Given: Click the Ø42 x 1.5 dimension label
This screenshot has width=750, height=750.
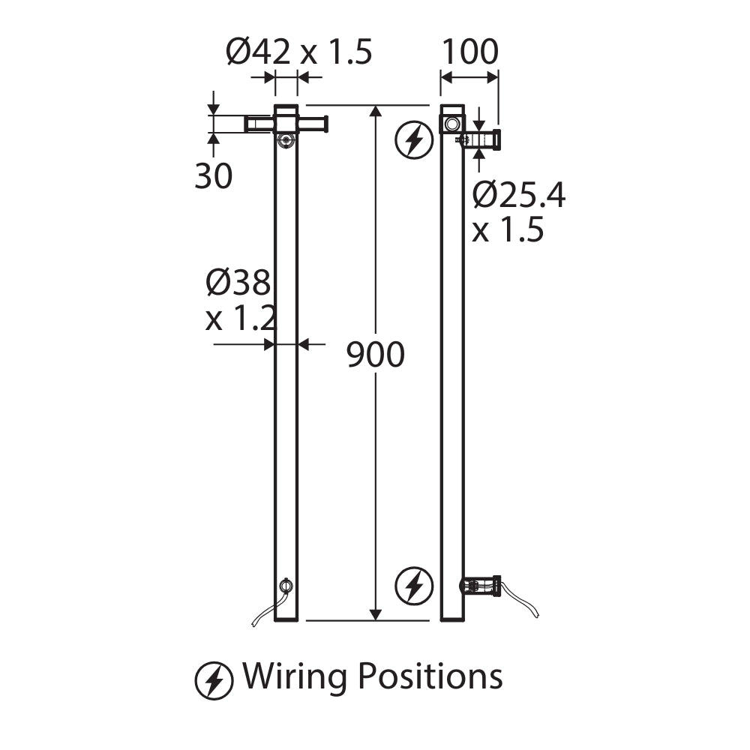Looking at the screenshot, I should point(298,52).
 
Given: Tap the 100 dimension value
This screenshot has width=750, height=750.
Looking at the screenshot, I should point(469,52).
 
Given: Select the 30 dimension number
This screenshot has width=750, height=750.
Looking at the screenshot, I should point(214,176).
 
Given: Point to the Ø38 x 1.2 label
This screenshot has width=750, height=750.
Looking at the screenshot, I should point(239,301).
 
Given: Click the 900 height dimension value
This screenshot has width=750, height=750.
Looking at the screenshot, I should point(376,355).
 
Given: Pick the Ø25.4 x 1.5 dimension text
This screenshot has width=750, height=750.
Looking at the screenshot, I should point(518,213).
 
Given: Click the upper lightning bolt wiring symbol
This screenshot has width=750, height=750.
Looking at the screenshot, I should point(414,139).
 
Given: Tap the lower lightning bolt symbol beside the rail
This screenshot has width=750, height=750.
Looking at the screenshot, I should point(414,586).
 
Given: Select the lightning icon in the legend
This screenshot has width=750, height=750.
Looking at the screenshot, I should point(214,681).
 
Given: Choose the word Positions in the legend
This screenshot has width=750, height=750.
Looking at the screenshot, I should point(430,676).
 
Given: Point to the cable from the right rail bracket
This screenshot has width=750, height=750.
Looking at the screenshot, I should point(521,601).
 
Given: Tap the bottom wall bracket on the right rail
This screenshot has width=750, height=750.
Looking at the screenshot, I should point(481,586).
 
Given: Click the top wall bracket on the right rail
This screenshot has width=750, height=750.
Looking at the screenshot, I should point(481,139).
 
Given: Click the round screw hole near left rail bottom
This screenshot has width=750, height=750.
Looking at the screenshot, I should point(286,586).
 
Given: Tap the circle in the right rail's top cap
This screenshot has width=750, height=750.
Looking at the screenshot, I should point(451,123).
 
